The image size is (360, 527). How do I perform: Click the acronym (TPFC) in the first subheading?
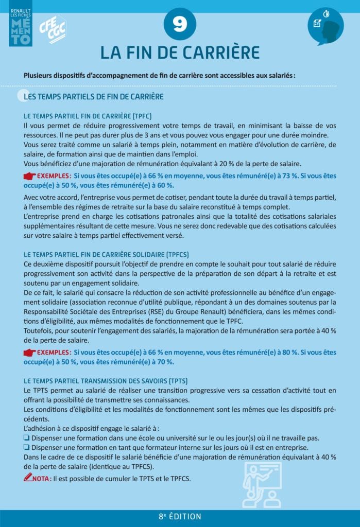(142, 116)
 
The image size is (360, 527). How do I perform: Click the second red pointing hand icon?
(33, 353)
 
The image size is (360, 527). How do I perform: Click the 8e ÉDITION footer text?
(180, 517)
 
